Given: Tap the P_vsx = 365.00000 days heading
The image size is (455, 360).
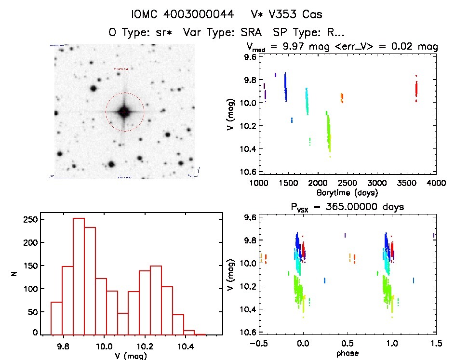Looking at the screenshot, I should coord(342,207).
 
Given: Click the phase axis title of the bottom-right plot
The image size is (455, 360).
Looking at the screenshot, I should coord(348,353).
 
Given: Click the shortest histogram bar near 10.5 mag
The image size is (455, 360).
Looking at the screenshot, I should coord(200,334).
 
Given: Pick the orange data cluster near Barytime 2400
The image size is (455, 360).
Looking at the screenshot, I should coord(341,97).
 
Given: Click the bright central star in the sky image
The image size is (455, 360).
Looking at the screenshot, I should coord(124,112).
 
